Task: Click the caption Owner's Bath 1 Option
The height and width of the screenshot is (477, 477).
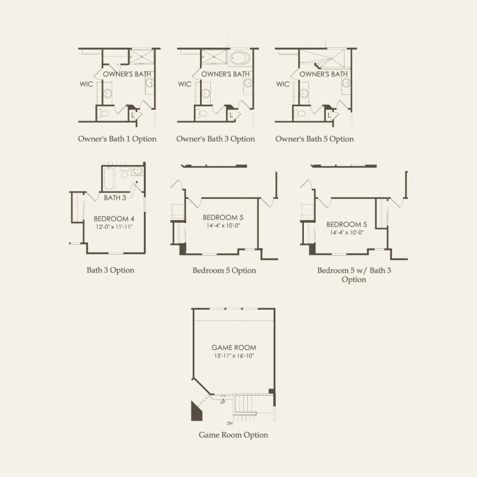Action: click(117, 139)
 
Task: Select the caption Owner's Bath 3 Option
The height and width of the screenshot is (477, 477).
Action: click(215, 139)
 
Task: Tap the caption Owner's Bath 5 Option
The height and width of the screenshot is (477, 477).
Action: click(314, 139)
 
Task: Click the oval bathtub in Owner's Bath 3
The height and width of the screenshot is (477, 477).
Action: click(239, 57)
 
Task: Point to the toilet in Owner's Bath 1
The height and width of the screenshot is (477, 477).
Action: click(105, 114)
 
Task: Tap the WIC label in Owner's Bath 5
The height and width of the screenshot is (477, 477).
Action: click(283, 84)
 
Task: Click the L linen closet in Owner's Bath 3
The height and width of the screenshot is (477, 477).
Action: click(231, 115)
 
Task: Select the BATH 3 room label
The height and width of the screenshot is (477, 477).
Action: click(115, 198)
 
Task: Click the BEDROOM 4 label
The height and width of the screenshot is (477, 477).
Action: click(114, 219)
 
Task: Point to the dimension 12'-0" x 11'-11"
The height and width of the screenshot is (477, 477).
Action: click(114, 227)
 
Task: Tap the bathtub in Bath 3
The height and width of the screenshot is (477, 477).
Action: click(109, 179)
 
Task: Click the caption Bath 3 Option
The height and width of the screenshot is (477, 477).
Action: click(110, 270)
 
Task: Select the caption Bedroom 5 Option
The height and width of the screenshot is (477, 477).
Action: click(224, 270)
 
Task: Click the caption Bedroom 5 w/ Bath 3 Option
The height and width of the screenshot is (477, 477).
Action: click(354, 275)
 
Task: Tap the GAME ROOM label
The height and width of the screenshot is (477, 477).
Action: click(234, 347)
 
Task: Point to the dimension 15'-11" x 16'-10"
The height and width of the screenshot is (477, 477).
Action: click(234, 356)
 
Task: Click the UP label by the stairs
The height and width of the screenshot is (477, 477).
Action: click(223, 402)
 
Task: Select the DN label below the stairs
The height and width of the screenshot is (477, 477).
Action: click(230, 423)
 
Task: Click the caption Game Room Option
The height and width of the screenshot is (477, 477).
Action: click(233, 435)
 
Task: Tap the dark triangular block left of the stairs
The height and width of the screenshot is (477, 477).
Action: click(195, 412)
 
